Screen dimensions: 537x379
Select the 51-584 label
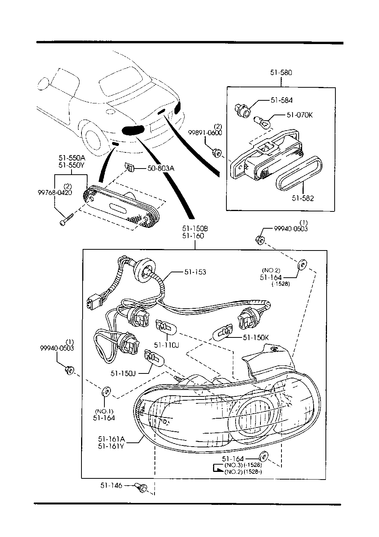(x=281, y=100)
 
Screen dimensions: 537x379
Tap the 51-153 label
(x=195, y=272)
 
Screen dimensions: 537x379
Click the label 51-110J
(x=167, y=345)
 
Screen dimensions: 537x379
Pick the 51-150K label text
(x=256, y=337)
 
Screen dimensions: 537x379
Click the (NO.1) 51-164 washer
(x=106, y=392)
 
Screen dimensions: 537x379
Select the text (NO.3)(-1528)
(x=243, y=465)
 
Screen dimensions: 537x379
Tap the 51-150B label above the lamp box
(x=195, y=229)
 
